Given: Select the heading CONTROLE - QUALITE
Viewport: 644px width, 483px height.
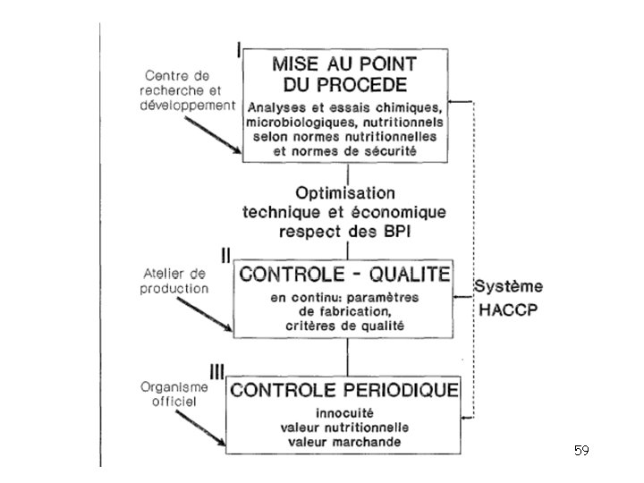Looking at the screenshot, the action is click(344, 273).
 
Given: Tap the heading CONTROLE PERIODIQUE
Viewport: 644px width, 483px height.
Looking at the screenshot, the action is click(344, 390).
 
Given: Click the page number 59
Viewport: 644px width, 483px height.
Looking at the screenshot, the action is click(581, 451).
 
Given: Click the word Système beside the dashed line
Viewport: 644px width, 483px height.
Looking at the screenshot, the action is click(508, 287).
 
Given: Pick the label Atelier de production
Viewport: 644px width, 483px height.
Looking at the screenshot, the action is click(174, 281).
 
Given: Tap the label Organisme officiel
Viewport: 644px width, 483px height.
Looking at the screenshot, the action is click(175, 394).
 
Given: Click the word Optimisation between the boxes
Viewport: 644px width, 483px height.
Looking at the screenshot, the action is click(344, 193).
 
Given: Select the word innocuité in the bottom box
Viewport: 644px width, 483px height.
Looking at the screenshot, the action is click(344, 415).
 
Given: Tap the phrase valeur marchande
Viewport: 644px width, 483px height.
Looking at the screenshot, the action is click(344, 442).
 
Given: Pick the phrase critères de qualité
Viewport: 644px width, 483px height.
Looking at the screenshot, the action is click(344, 326).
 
